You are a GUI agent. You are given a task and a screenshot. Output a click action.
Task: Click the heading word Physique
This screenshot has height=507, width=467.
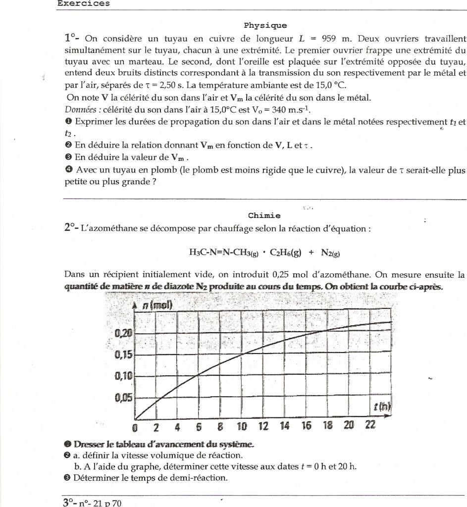click(265, 25)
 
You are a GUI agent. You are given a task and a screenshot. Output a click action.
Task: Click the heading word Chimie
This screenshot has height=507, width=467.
click(264, 215)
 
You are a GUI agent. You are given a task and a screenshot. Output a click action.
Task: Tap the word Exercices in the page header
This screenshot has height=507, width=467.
click(83, 3)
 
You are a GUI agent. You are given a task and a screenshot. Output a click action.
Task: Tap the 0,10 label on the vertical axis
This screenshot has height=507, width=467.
click(123, 376)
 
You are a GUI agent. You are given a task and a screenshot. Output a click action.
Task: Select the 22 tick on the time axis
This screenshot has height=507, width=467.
click(370, 425)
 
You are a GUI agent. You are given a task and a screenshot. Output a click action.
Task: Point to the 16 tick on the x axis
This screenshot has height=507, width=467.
click(306, 425)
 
